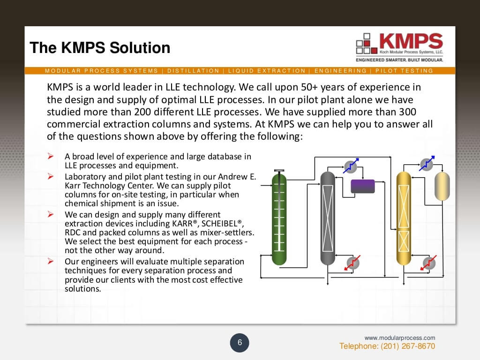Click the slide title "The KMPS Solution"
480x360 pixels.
[100, 48]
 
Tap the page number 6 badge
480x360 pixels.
[240, 343]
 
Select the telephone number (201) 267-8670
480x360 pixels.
[387, 346]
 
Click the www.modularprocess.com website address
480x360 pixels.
[400, 337]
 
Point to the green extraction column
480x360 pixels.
[279, 218]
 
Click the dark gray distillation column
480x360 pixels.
[327, 218]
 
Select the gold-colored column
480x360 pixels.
[403, 218]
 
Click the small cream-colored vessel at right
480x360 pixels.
[442, 186]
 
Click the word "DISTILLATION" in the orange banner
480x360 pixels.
[193, 71]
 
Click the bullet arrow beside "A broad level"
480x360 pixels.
[51, 156]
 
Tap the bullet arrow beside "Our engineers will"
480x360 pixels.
[51, 261]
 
